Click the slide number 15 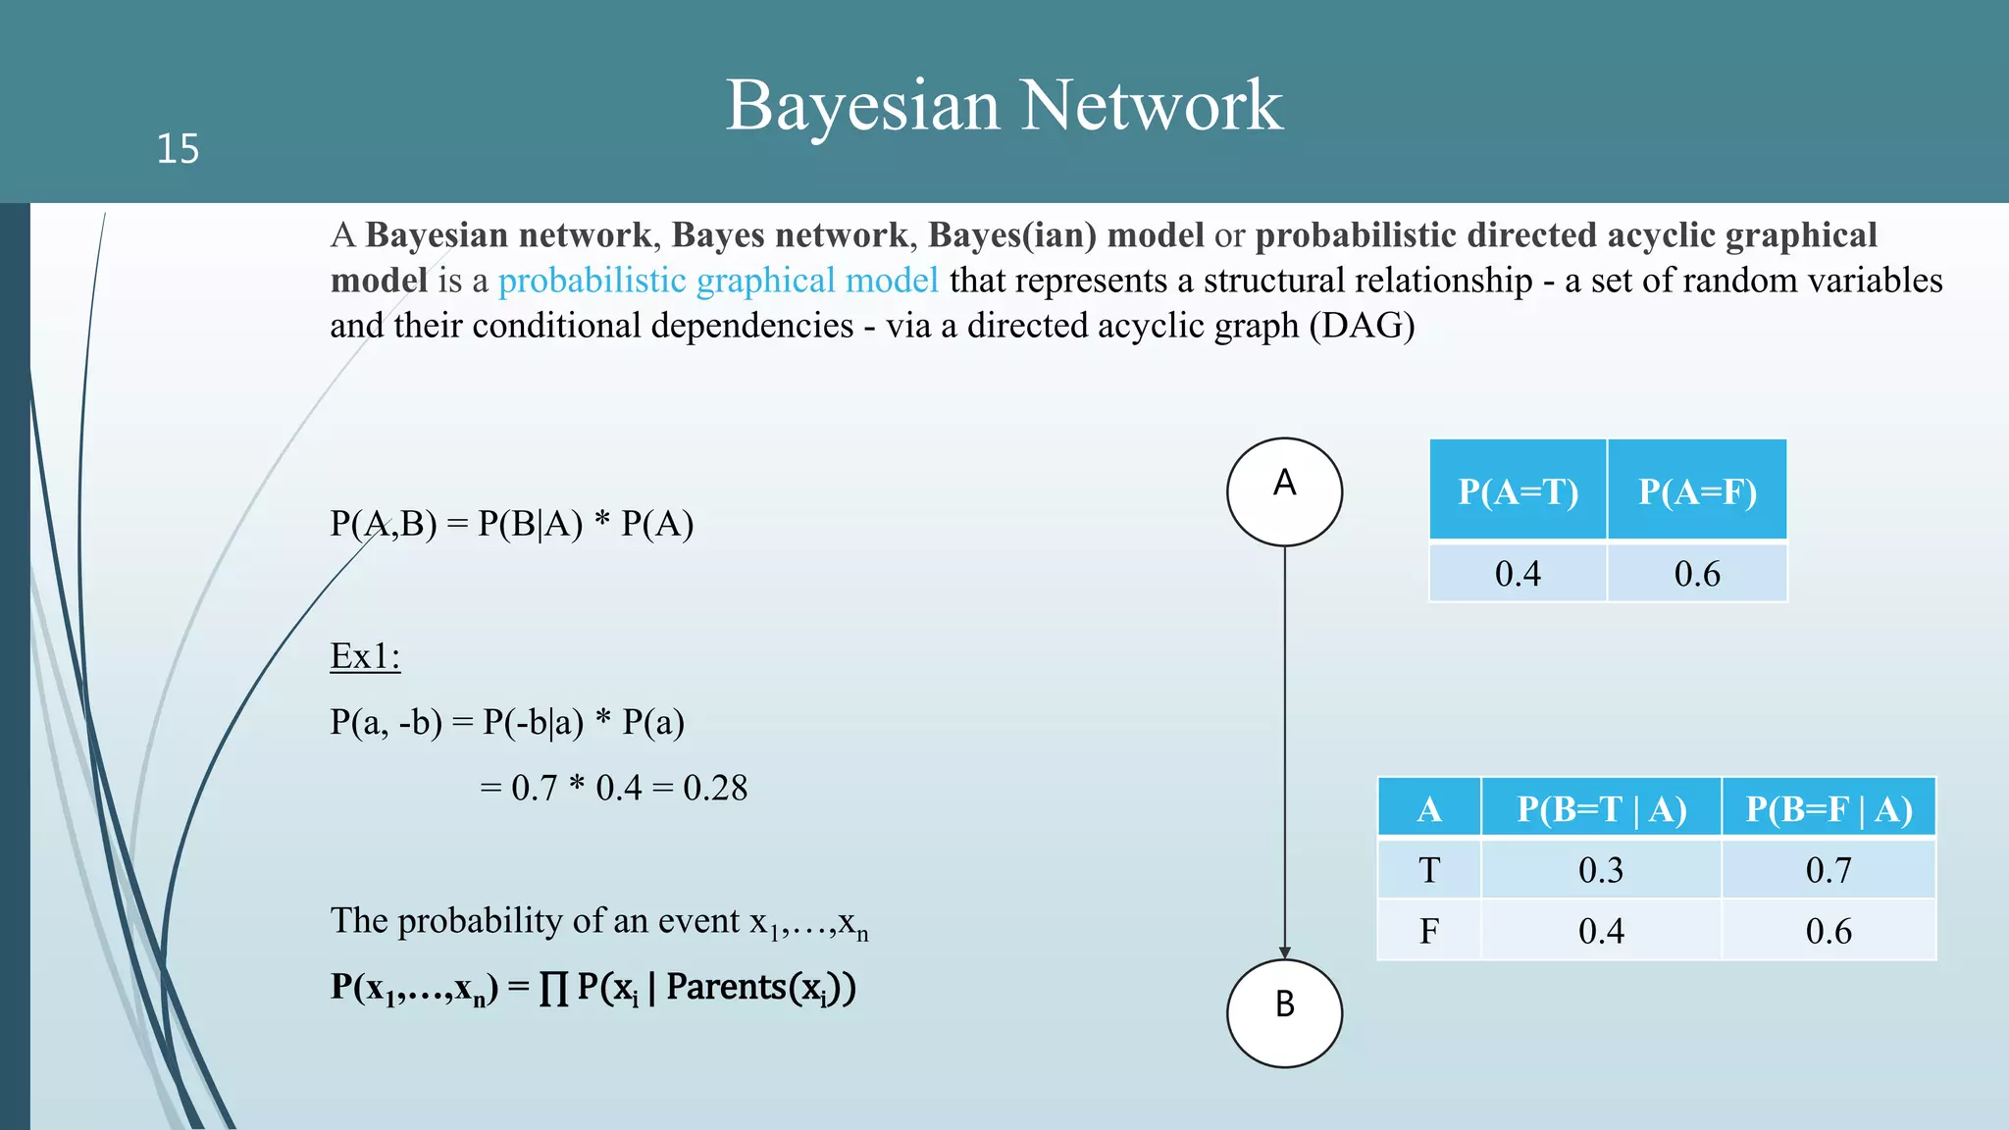point(178,149)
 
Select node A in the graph point(1284,491)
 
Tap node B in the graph point(1284,1012)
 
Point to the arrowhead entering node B point(1284,951)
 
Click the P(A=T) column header point(1518,490)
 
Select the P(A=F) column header point(1697,490)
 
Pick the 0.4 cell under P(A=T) point(1518,573)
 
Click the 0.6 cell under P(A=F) point(1697,573)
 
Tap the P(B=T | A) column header point(1601,809)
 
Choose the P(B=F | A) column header point(1829,809)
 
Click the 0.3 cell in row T point(1601,870)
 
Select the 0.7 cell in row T point(1829,870)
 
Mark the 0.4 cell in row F point(1601,931)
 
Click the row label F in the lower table point(1429,931)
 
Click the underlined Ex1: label point(365,656)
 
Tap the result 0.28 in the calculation point(715,788)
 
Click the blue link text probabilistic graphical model point(718,281)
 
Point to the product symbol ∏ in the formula point(553,988)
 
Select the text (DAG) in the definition point(1362,326)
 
